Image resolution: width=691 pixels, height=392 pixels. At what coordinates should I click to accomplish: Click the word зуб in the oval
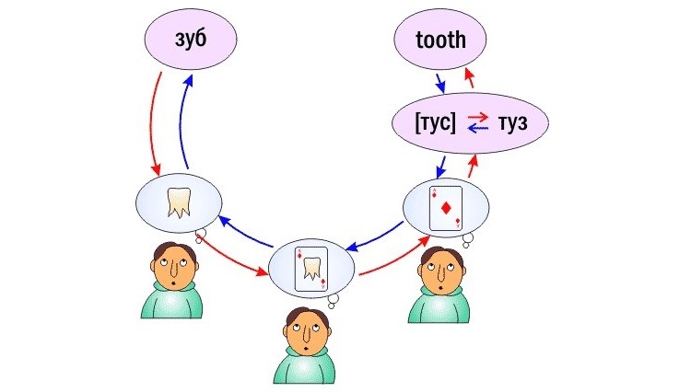tap(189, 40)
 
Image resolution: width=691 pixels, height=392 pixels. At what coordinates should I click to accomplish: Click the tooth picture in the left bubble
tap(178, 202)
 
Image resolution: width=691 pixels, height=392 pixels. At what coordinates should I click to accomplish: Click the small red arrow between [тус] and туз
tap(478, 116)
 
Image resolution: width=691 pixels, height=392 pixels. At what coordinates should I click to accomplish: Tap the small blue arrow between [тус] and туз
tap(478, 130)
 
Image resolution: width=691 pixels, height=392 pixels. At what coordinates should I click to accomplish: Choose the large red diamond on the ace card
tap(448, 209)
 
